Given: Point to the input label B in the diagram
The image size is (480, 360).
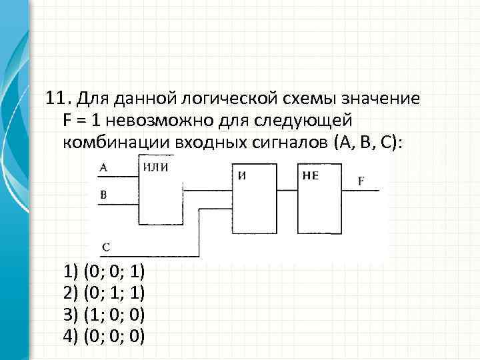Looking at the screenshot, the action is (x=103, y=195).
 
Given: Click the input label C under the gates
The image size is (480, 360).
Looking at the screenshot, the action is (x=106, y=247).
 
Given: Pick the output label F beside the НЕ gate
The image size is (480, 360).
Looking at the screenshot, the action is (x=361, y=181).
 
